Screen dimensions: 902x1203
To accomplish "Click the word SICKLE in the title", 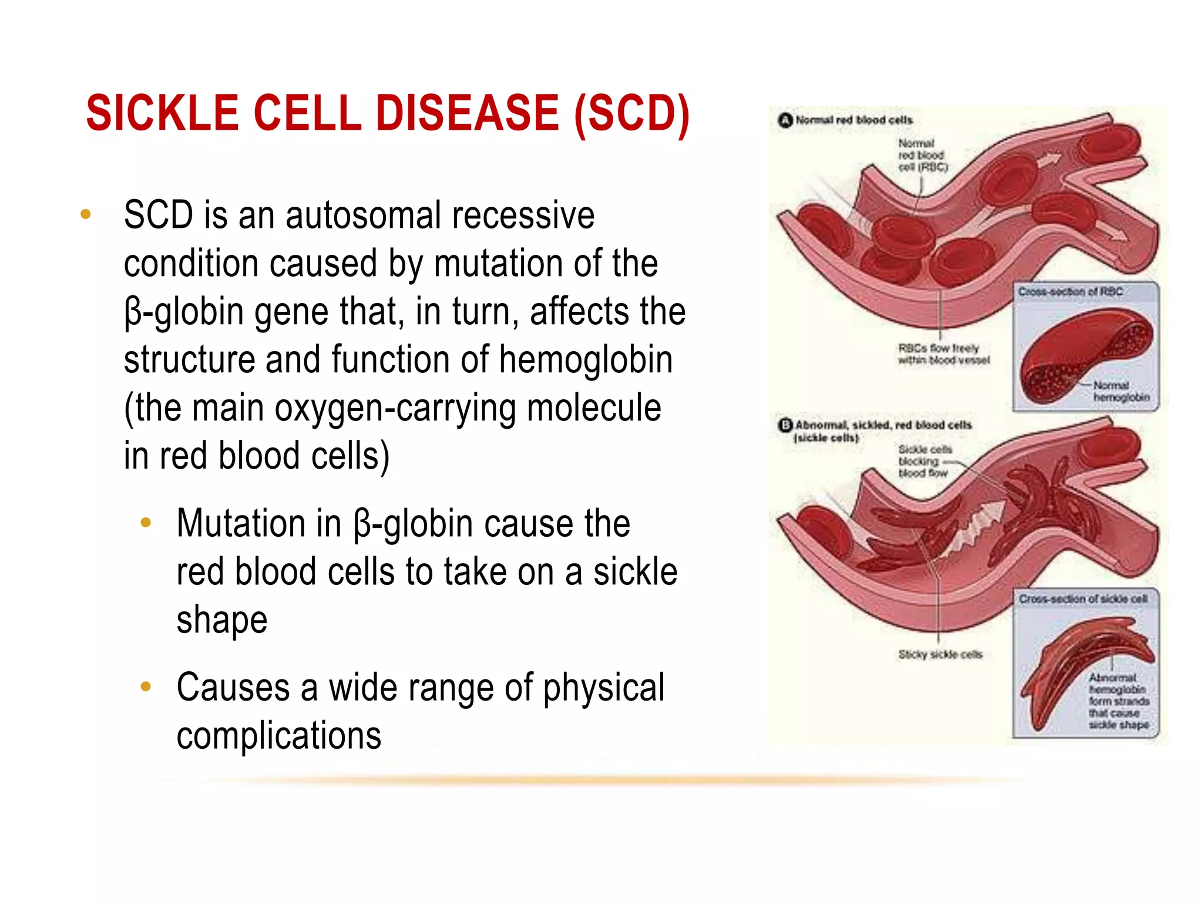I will [163, 113].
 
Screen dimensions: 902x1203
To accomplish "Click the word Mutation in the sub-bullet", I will [258, 523].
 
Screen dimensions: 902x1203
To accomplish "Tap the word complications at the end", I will [278, 736].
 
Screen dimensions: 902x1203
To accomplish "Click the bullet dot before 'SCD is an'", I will [86, 214].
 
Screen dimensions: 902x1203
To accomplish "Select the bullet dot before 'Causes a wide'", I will [146, 686].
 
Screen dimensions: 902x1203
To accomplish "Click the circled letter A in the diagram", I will [785, 120].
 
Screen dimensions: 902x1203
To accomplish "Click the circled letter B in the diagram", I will [785, 425].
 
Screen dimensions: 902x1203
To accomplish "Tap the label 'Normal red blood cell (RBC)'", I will [922, 156].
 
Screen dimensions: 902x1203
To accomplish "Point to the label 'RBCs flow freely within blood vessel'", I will [943, 354].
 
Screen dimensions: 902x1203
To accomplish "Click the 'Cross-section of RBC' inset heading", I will [1070, 292].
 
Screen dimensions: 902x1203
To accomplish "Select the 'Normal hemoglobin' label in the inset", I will [1120, 392].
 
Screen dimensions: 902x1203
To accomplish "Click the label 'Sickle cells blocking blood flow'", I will [923, 462].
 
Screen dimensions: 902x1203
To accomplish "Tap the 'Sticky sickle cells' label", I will [940, 654].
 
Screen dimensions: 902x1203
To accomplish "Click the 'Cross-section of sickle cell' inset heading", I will [1083, 599].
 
